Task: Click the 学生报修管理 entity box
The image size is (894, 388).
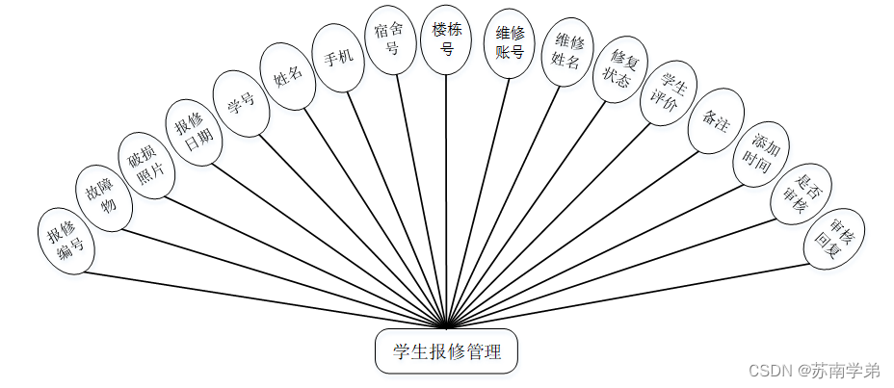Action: click(x=446, y=352)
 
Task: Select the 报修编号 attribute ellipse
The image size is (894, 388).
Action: click(x=66, y=241)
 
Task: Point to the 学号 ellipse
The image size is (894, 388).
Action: click(x=240, y=103)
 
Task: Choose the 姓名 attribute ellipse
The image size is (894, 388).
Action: click(x=288, y=77)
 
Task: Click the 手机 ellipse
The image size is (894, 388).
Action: click(x=338, y=58)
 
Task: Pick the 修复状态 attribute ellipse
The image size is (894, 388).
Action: click(x=619, y=70)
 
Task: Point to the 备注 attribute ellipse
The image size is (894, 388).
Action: click(x=716, y=121)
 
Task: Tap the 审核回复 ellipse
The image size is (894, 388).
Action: click(x=833, y=237)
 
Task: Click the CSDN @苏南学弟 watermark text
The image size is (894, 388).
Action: click(x=813, y=371)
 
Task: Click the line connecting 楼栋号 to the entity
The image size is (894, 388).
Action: click(x=446, y=193)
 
